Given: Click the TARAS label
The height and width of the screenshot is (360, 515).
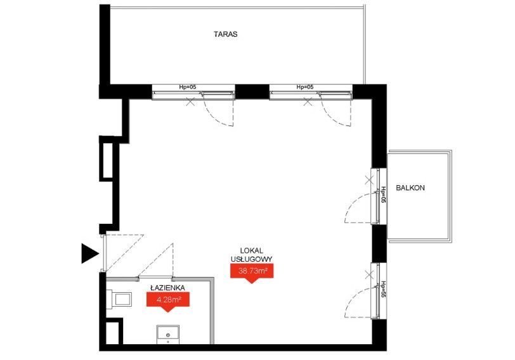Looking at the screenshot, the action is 225,34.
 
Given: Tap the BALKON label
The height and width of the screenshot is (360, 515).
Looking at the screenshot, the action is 410,188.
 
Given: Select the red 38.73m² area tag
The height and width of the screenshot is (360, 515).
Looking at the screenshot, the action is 252,273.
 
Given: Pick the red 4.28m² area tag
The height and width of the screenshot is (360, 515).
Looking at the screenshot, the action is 168,301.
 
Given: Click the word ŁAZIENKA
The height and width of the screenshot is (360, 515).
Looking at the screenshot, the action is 168,288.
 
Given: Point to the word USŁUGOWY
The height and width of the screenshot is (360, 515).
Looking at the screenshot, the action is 252,259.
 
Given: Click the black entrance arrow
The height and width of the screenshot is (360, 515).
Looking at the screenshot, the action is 90,254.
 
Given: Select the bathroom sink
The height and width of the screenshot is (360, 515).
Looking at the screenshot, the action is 168,335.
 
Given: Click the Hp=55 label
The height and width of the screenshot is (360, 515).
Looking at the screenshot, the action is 382,289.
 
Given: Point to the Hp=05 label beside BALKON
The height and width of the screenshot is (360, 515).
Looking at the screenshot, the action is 382,195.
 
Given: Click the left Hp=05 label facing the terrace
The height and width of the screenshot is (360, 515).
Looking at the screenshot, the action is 188,87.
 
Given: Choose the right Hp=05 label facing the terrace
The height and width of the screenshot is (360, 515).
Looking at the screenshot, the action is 305,87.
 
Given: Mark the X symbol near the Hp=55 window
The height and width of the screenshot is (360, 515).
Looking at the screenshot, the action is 370,274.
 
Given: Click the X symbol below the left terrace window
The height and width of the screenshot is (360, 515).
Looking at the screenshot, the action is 190,102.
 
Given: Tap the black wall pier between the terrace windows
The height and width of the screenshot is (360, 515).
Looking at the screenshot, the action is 252,91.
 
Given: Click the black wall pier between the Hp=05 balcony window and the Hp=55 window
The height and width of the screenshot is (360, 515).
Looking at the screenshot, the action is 379,244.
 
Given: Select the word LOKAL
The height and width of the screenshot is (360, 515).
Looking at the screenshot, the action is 252,251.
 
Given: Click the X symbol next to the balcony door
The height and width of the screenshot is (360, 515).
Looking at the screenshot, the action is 370,180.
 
